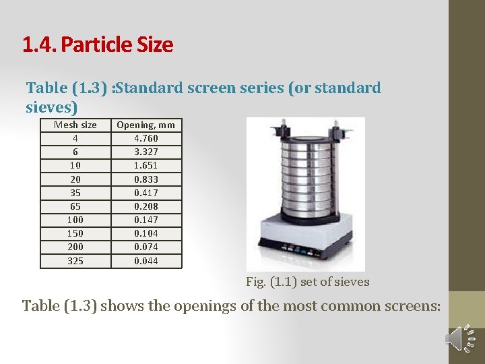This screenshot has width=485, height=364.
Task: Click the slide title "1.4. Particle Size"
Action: pyautogui.click(x=98, y=45)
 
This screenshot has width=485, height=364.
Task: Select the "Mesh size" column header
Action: pyautogui.click(x=75, y=125)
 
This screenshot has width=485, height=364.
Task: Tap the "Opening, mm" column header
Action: pyautogui.click(x=145, y=125)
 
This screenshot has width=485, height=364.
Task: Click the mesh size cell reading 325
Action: pyautogui.click(x=75, y=261)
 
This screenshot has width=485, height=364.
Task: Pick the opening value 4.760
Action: pyautogui.click(x=146, y=138)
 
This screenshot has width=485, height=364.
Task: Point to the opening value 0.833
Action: pyautogui.click(x=146, y=179)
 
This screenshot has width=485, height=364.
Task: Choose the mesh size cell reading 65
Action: pyautogui.click(x=75, y=206)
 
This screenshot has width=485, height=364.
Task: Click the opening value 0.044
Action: pyautogui.click(x=146, y=261)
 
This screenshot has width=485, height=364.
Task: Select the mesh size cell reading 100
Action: pyautogui.click(x=75, y=220)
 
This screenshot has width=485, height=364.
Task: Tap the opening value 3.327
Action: pyautogui.click(x=146, y=152)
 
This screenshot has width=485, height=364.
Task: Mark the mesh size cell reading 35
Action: pyautogui.click(x=75, y=193)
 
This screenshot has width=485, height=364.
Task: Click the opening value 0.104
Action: pyautogui.click(x=146, y=233)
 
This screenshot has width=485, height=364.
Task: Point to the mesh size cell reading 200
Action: pyautogui.click(x=75, y=247)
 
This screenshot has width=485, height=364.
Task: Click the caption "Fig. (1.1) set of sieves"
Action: pyautogui.click(x=307, y=282)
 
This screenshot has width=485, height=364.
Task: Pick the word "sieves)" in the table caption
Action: pyautogui.click(x=52, y=107)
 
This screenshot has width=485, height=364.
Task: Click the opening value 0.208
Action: pyautogui.click(x=146, y=206)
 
